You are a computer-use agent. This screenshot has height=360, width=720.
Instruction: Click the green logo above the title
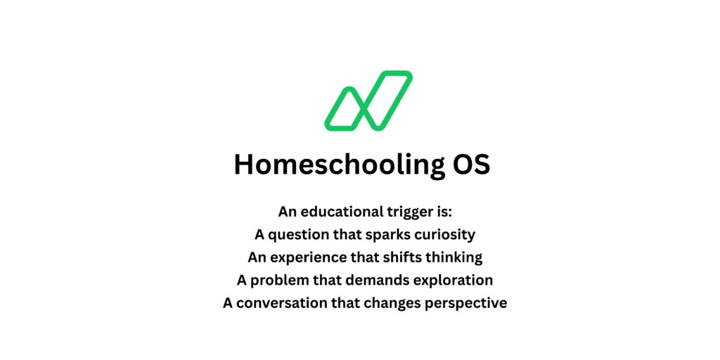pos(368,101)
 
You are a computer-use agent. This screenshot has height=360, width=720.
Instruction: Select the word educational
pos(340,212)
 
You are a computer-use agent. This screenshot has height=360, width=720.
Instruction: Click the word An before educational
pos(288,212)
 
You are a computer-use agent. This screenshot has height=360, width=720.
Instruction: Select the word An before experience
pos(257,257)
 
